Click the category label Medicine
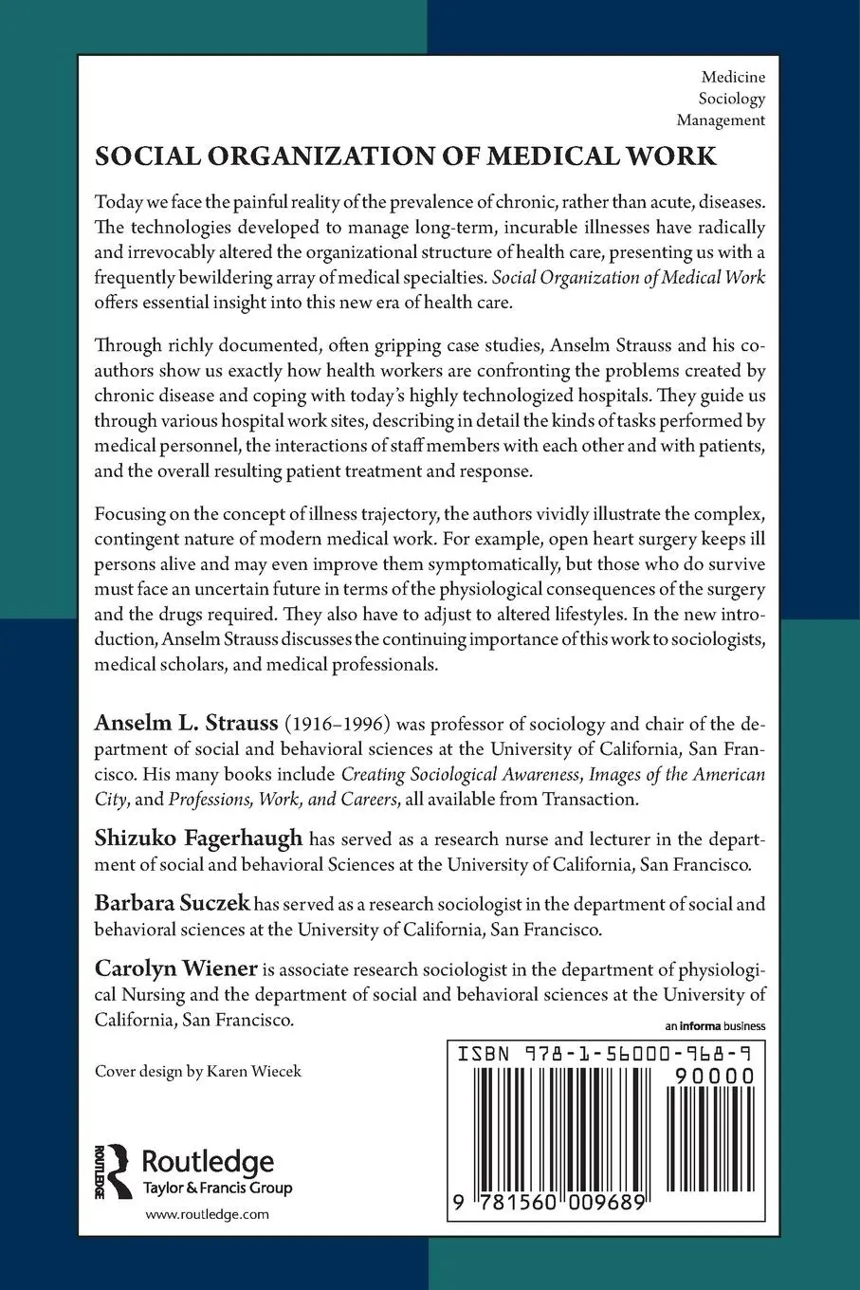[733, 76]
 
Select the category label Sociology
[731, 98]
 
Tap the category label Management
[721, 120]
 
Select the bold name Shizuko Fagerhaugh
[198, 838]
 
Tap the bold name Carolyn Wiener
[176, 968]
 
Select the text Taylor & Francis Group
[216, 1188]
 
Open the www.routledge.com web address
[207, 1214]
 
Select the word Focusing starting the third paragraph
[128, 514]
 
